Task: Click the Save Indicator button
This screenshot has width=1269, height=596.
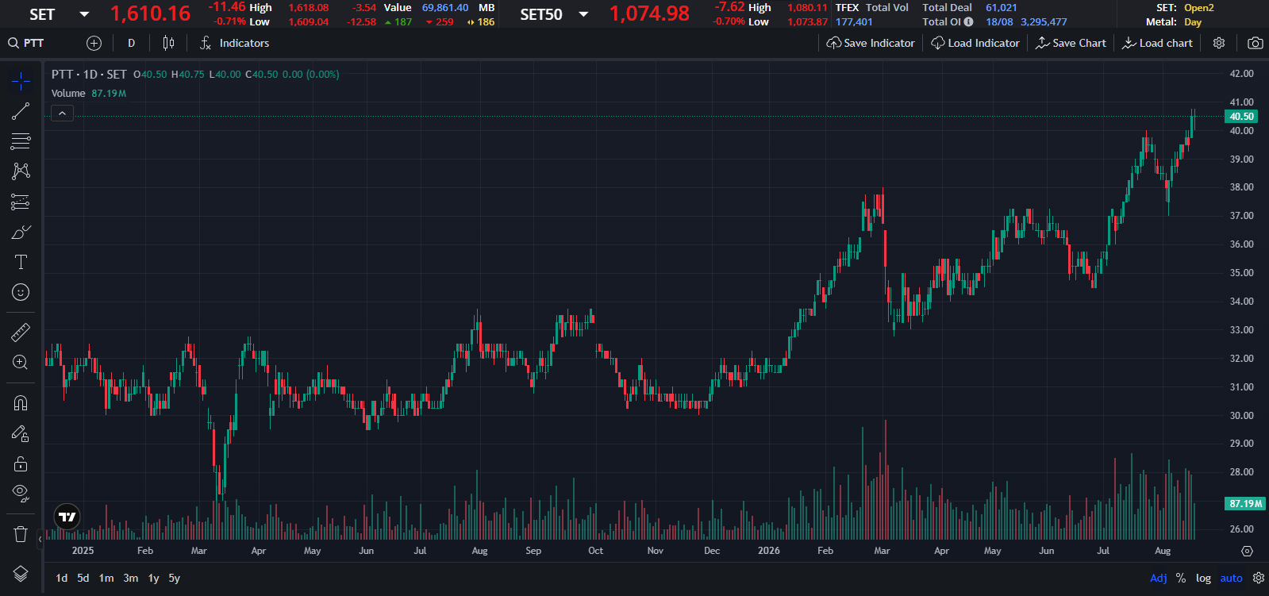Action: click(x=871, y=43)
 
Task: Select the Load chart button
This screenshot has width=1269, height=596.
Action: click(x=1157, y=43)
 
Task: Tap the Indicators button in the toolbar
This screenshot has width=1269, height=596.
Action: click(x=234, y=43)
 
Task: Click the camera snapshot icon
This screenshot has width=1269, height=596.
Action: click(x=1255, y=43)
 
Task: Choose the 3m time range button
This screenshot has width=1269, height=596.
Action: click(x=131, y=578)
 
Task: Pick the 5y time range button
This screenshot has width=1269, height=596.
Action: click(x=175, y=578)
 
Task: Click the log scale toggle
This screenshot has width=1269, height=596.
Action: click(x=1203, y=578)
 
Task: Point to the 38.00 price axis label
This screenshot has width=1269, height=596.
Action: click(x=1241, y=187)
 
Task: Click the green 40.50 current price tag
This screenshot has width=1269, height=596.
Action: click(x=1241, y=116)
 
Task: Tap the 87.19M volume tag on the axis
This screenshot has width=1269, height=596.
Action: click(x=1244, y=504)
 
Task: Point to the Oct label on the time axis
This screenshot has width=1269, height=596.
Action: click(x=595, y=551)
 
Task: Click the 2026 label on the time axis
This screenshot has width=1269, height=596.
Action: click(x=769, y=551)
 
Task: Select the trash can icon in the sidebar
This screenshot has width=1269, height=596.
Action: click(x=21, y=533)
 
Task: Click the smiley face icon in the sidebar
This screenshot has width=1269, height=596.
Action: click(x=21, y=292)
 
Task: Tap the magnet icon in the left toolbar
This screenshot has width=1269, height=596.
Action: click(x=21, y=403)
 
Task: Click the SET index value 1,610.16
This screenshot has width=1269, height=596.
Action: click(x=150, y=14)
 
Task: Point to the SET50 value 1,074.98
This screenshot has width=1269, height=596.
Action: click(x=649, y=14)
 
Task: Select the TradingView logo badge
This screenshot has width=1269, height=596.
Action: click(x=67, y=517)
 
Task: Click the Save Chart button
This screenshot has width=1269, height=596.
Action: click(x=1071, y=43)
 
